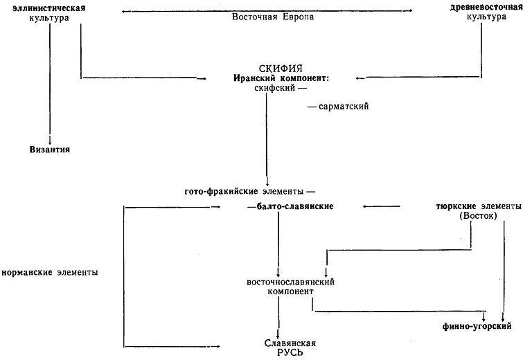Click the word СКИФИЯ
281,69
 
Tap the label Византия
50,150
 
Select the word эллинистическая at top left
49,8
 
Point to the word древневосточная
486,8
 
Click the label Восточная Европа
273,17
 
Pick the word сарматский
344,107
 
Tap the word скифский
275,88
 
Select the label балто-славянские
295,206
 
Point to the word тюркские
456,206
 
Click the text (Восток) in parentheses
478,216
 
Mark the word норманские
27,272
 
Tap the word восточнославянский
290,282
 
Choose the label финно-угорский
477,326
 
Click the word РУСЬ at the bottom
290,352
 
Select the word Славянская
290,343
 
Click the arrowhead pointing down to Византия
50,141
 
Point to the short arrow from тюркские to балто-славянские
381,206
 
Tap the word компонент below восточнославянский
290,291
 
